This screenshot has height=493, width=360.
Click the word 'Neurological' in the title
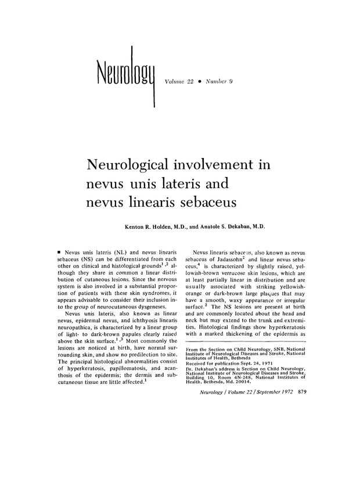pos(132,165)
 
